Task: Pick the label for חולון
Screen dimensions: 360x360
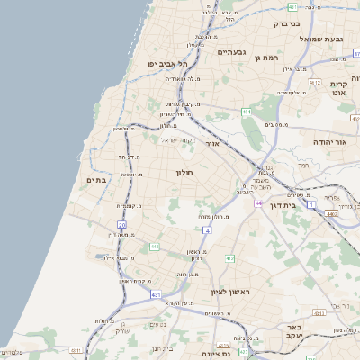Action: point(184,171)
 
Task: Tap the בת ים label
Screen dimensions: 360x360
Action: point(96,180)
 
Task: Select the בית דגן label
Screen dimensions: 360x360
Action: point(281,205)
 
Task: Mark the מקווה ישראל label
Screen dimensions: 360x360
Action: point(178,139)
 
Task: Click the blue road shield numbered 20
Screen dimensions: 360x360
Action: point(121,224)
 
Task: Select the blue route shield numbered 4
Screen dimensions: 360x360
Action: point(207,230)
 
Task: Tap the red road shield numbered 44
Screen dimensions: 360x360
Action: point(257,203)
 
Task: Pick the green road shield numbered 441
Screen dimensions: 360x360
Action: point(155,246)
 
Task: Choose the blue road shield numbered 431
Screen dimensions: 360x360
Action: point(156,294)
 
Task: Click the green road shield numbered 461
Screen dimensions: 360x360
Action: point(246,112)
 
